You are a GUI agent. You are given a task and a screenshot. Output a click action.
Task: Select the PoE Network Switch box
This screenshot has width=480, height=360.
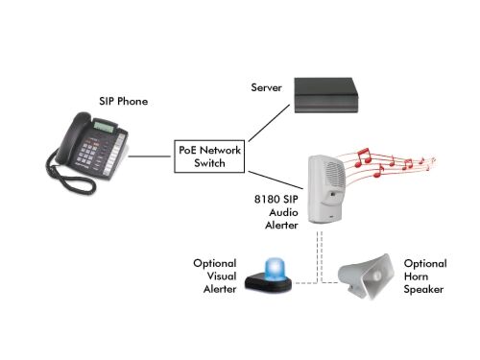(207, 156)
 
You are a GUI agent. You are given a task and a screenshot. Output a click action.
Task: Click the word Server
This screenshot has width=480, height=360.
(267, 87)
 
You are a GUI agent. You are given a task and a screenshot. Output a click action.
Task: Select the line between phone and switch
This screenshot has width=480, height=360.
(152, 156)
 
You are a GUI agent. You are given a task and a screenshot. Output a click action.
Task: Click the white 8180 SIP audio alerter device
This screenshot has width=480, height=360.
(325, 187)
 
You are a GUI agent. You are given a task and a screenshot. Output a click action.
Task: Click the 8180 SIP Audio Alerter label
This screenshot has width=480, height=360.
(271, 213)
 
